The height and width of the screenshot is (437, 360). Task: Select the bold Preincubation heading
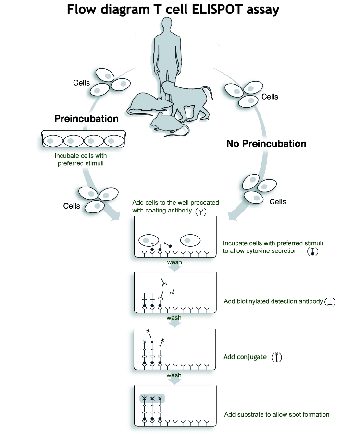coord(86,119)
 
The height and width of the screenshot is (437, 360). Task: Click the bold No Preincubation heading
coord(266,143)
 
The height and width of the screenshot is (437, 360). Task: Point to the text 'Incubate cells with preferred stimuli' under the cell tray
coord(80,160)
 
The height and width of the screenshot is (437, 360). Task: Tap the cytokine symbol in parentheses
coord(313,251)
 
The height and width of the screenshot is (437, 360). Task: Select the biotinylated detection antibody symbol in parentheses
coord(330,302)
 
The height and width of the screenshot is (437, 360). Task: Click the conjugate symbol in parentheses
coord(276,357)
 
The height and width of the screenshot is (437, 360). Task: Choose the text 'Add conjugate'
coord(245,357)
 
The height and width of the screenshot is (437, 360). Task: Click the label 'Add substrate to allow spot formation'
coord(276,414)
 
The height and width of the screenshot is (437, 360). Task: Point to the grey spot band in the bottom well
coord(152,399)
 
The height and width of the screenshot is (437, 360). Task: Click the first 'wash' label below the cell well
coord(174,262)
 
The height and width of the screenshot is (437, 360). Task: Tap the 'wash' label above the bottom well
coord(174,375)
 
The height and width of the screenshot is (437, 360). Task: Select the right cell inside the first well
coord(190,239)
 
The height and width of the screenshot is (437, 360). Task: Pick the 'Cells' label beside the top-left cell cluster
coord(81,83)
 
